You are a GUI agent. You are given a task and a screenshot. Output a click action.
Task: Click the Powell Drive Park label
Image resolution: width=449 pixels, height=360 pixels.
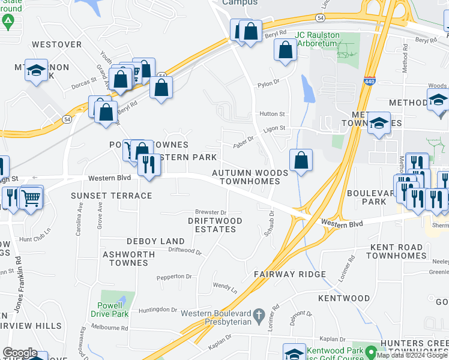pyautogui.click(x=112, y=309)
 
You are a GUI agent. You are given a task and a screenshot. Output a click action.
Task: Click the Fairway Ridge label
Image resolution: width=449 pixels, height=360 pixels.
pyautogui.click(x=289, y=274)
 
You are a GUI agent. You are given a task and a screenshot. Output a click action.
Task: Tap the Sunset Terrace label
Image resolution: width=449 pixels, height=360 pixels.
pyautogui.click(x=112, y=196)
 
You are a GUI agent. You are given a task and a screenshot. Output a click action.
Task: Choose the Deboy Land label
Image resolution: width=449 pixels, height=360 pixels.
pyautogui.click(x=155, y=241)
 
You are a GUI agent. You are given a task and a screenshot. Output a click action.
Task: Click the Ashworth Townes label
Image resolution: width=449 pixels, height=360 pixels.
pyautogui.click(x=128, y=259)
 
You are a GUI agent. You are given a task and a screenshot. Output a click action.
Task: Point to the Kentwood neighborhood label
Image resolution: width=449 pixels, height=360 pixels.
pyautogui.click(x=344, y=298)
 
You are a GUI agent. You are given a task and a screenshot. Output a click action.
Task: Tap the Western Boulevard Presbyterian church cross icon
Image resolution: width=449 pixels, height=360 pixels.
pyautogui.click(x=259, y=314)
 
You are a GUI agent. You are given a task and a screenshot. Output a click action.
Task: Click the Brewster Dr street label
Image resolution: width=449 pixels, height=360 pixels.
pyautogui.click(x=210, y=212)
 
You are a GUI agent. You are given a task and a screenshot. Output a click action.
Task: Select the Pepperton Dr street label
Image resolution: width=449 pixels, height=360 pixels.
pyautogui.click(x=173, y=277)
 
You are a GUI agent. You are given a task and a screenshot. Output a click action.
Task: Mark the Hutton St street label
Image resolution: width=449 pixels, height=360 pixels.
pyautogui.click(x=272, y=113)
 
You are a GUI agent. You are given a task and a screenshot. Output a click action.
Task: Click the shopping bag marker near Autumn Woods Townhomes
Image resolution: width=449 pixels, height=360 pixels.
pyautogui.click(x=301, y=161)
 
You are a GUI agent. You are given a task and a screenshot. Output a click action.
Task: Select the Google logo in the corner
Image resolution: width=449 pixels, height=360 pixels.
pyautogui.click(x=20, y=353)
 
